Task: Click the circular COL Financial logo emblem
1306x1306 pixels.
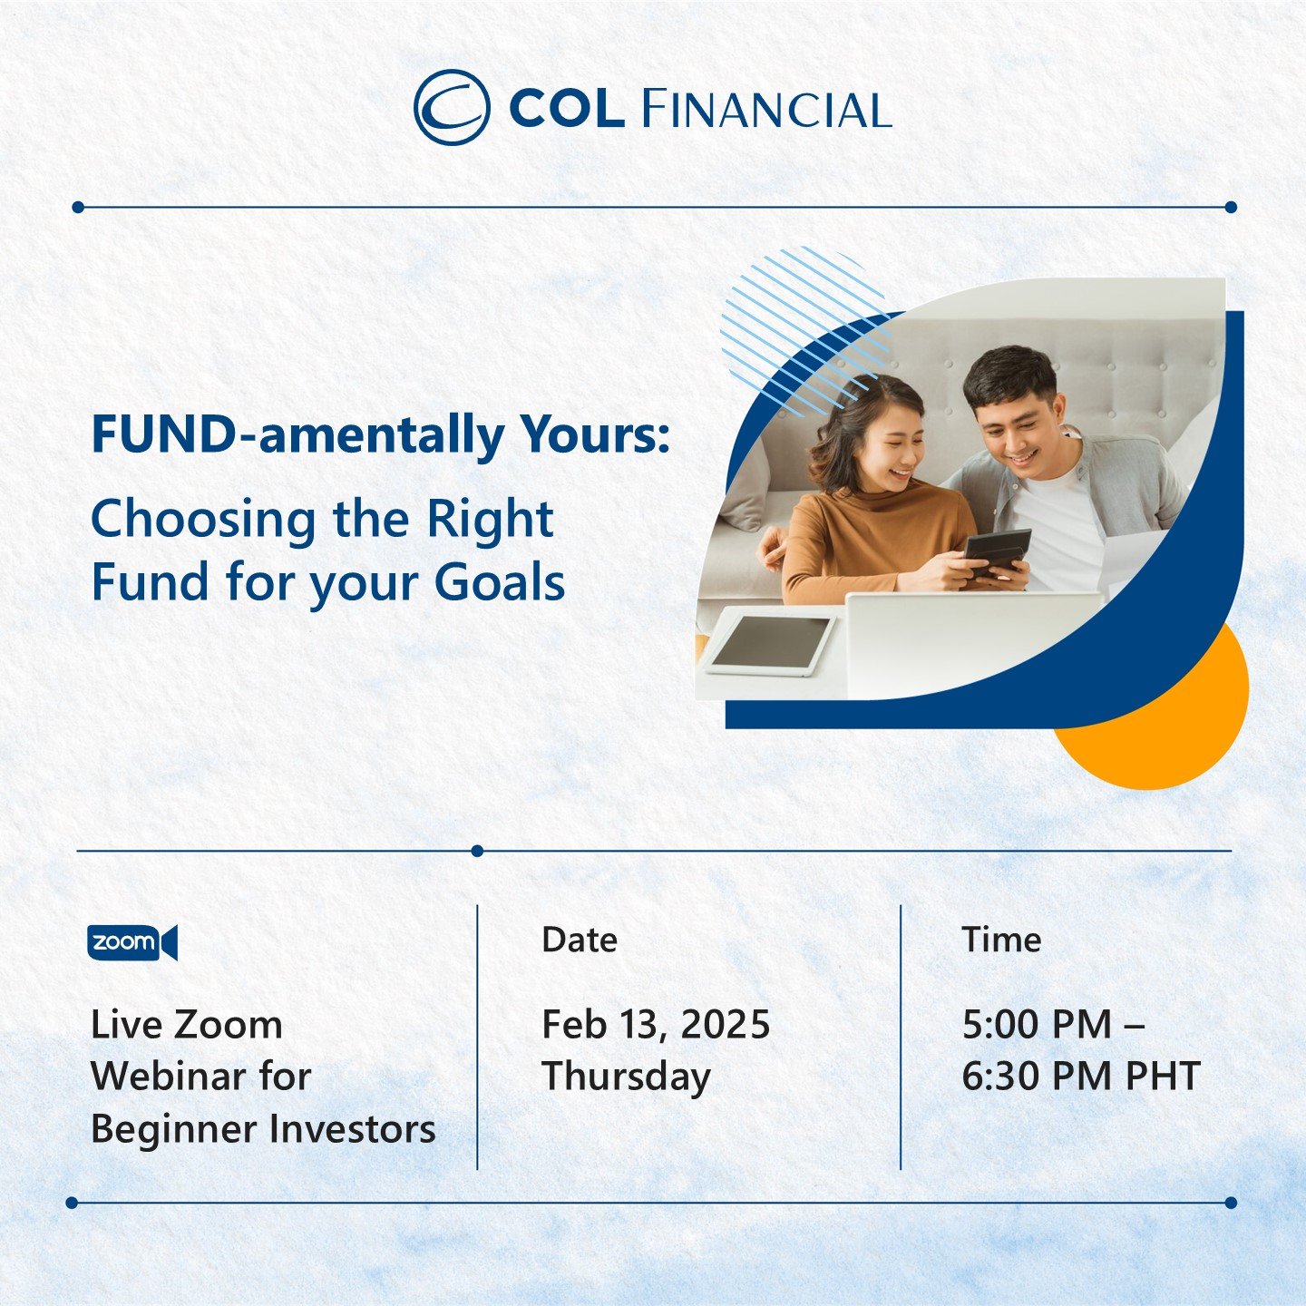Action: pyautogui.click(x=452, y=108)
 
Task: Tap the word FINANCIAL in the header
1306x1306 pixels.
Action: pyautogui.click(x=766, y=110)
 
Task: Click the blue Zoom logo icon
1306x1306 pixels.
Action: pyautogui.click(x=132, y=942)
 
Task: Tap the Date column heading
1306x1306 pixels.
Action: pyautogui.click(x=579, y=940)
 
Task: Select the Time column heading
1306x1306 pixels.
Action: pyautogui.click(x=1000, y=940)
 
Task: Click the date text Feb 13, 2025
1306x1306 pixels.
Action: pyautogui.click(x=655, y=1025)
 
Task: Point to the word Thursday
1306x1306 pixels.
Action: pyautogui.click(x=626, y=1077)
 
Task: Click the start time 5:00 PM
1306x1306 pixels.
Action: pyautogui.click(x=1037, y=1025)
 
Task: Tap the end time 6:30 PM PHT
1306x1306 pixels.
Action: pyautogui.click(x=1080, y=1077)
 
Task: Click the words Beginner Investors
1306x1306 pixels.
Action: pyautogui.click(x=263, y=1129)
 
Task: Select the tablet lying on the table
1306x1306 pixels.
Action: pyautogui.click(x=770, y=643)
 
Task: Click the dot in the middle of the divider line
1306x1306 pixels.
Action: pyautogui.click(x=477, y=851)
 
